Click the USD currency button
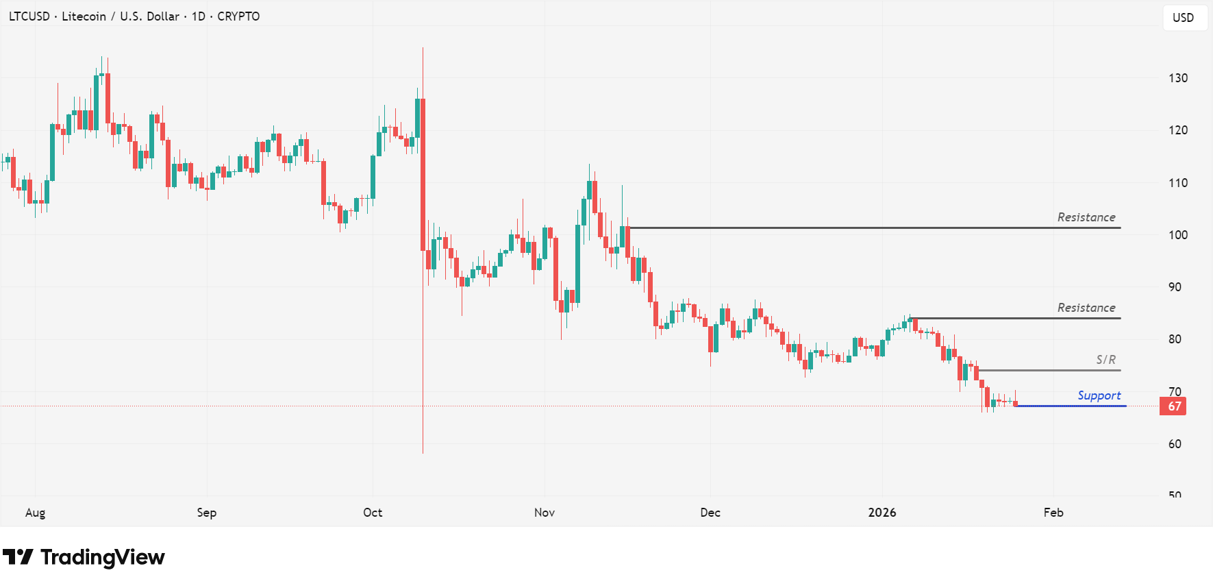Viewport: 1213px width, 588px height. point(1183,18)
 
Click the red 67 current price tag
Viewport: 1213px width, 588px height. point(1174,406)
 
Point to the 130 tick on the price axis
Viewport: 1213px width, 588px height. point(1178,78)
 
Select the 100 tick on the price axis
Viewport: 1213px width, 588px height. point(1178,235)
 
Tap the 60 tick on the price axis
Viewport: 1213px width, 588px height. point(1175,444)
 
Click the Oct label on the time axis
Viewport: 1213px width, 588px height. point(373,513)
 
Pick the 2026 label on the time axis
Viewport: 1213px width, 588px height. point(881,513)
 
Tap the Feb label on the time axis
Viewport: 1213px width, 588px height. point(1053,513)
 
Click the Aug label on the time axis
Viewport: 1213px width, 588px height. point(35,513)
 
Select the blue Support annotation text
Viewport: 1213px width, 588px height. point(1099,395)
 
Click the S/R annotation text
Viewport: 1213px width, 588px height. point(1105,360)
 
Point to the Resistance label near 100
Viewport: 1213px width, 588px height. point(1086,217)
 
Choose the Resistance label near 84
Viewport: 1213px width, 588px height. point(1086,308)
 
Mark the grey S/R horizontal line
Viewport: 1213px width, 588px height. point(1048,371)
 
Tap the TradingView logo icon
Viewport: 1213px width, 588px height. point(18,557)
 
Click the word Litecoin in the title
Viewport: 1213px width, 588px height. point(84,16)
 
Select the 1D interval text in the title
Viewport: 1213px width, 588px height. point(198,16)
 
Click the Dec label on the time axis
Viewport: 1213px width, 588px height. point(710,513)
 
